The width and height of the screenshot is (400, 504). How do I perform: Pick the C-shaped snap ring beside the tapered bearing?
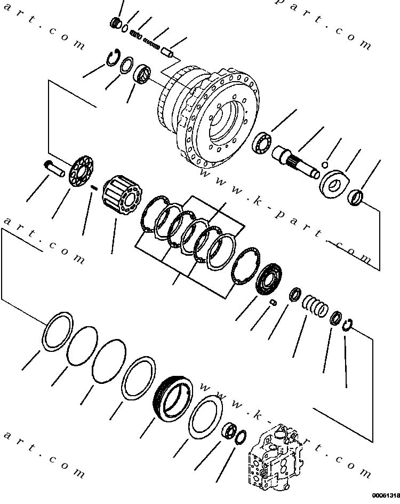tap(112, 58)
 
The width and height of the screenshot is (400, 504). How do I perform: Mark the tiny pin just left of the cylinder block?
tap(94, 187)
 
